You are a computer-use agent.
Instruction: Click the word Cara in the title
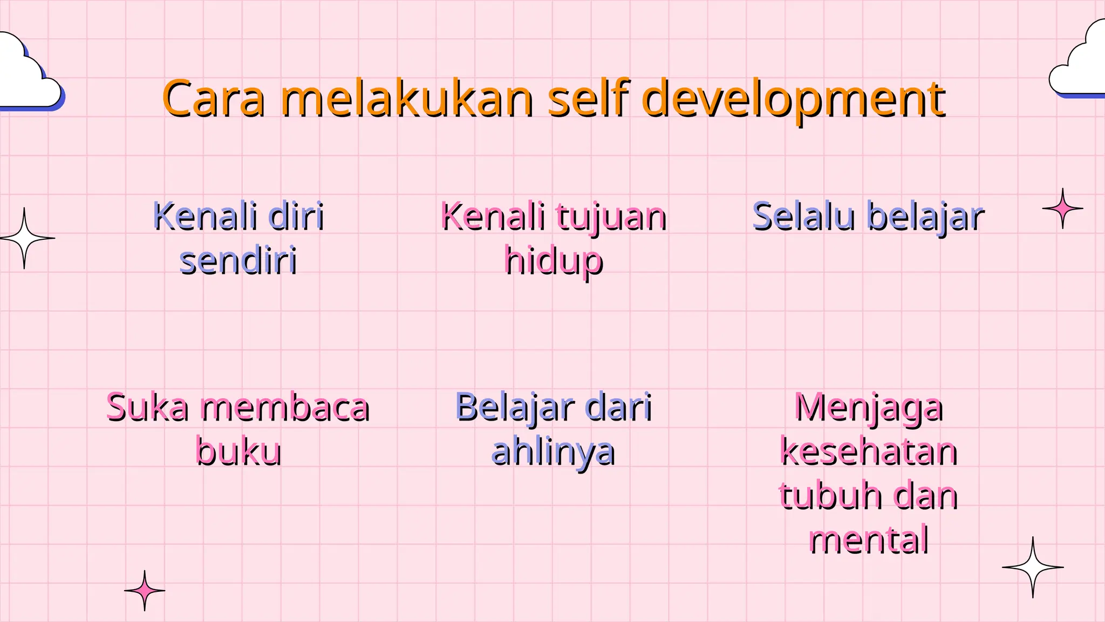pos(214,99)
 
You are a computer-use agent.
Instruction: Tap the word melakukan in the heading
pos(407,99)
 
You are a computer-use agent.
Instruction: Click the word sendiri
pos(238,261)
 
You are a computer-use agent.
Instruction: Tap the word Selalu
pos(804,217)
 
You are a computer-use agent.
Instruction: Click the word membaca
pos(285,408)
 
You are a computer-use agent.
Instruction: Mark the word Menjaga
pos(869,409)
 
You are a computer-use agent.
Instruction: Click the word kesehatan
pos(869,452)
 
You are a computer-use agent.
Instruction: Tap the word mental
pos(869,539)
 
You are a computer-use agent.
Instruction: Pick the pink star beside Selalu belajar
pos(1062,208)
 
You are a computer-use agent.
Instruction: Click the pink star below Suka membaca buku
pos(145,591)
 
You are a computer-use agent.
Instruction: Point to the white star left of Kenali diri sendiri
pos(24,238)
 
